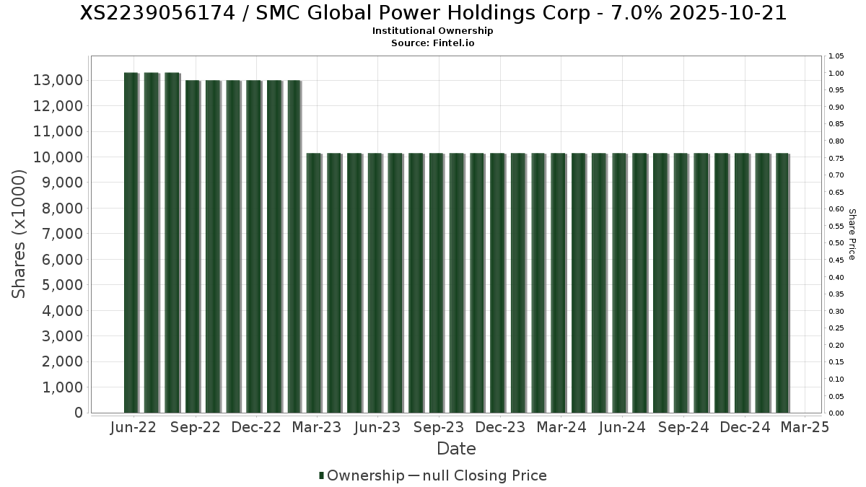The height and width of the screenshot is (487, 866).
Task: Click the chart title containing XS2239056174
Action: tap(433, 13)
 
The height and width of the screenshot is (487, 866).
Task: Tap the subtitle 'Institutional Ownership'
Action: tap(433, 31)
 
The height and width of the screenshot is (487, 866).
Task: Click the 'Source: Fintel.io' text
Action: tap(433, 43)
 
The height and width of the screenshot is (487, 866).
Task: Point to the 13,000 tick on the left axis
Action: tap(58, 80)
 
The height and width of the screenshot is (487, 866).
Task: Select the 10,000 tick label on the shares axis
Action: tap(58, 157)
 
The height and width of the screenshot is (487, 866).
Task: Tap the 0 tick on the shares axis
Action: tap(77, 413)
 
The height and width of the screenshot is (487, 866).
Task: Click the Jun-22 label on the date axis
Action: tap(134, 427)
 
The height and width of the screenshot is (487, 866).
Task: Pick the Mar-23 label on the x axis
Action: tap(317, 427)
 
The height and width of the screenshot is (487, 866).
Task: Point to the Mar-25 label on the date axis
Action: tap(805, 427)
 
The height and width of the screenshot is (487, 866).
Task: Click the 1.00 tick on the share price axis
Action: tap(836, 74)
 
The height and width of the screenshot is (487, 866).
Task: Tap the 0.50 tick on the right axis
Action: tap(836, 243)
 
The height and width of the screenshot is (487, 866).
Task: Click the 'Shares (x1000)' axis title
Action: tap(19, 234)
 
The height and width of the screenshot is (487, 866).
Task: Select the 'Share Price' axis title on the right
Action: tap(852, 234)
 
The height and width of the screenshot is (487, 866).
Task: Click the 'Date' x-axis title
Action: tap(456, 449)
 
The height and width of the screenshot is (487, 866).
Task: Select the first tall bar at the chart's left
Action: tap(131, 242)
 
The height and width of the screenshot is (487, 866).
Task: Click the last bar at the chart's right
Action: tap(782, 283)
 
